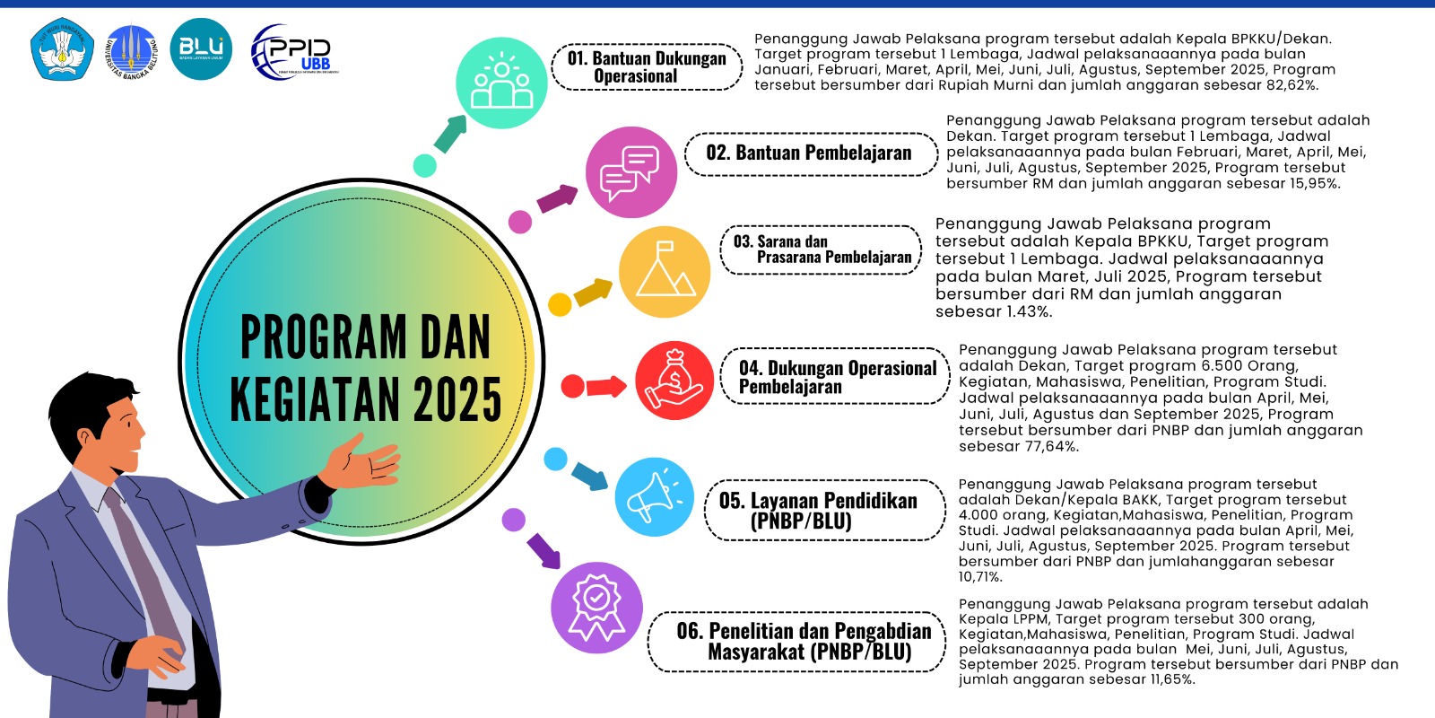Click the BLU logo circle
click(x=201, y=49)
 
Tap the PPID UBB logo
click(x=295, y=52)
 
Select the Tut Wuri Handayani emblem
click(x=62, y=48)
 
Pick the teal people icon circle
click(x=501, y=83)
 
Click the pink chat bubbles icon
click(x=631, y=171)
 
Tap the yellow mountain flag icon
click(x=665, y=272)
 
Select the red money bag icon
click(x=674, y=381)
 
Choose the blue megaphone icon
click(x=654, y=497)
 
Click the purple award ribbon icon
click(x=596, y=608)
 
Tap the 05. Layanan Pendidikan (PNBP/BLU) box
click(x=824, y=511)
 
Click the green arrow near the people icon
click(x=450, y=134)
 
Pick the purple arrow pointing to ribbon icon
click(x=544, y=551)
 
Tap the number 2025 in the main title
click(x=457, y=398)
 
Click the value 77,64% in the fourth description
click(x=1051, y=446)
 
